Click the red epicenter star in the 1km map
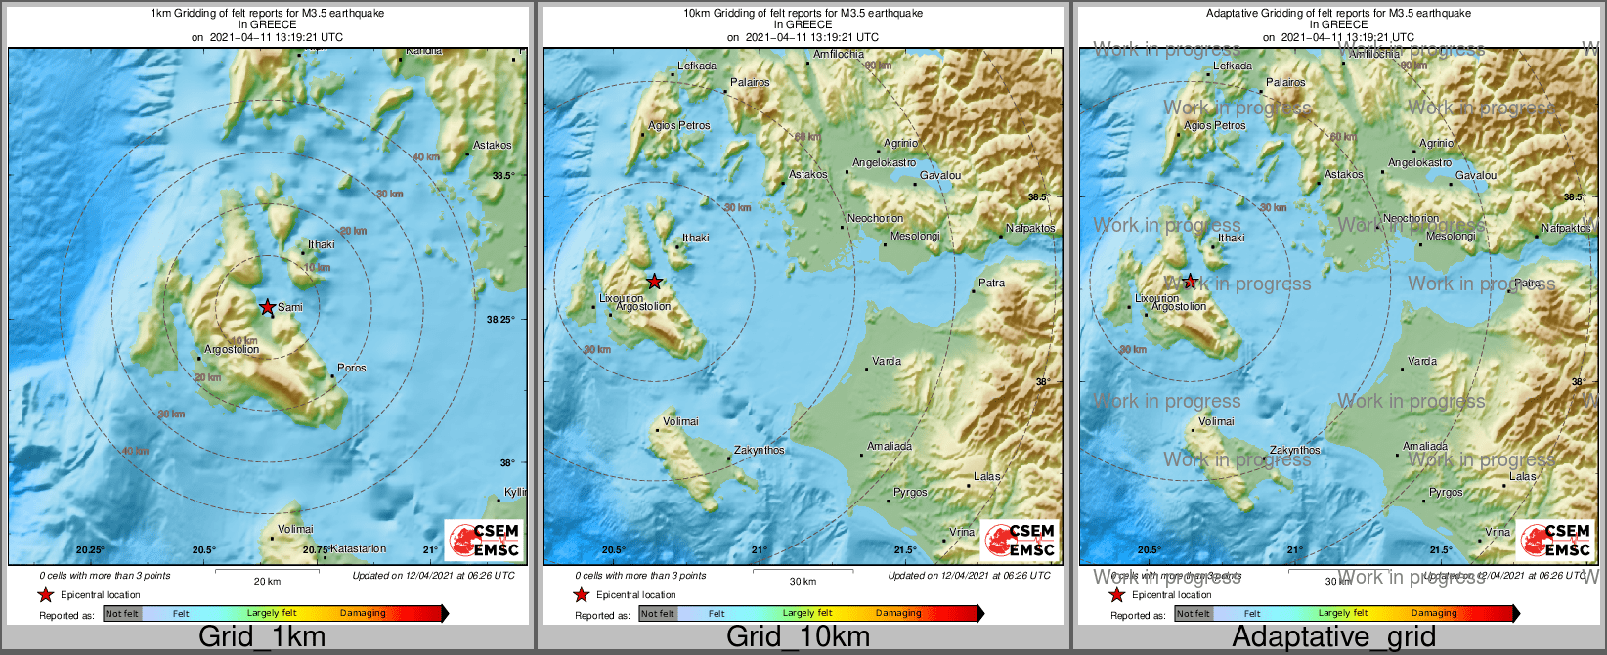(x=267, y=307)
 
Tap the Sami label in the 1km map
(x=290, y=307)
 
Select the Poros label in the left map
(x=351, y=369)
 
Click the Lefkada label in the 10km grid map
(x=697, y=66)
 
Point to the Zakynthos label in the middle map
(x=760, y=451)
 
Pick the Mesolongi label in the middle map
(x=915, y=237)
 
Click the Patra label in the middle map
(x=991, y=284)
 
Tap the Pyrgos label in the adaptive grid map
(x=1446, y=493)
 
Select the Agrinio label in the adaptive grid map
(x=1436, y=144)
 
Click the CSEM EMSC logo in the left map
(x=485, y=540)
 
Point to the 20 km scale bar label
(x=267, y=582)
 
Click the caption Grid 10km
(x=798, y=636)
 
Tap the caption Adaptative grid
(x=1333, y=636)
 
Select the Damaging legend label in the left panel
(x=363, y=614)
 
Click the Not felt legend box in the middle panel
(x=658, y=614)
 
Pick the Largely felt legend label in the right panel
(x=1343, y=614)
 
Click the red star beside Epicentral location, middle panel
(x=581, y=594)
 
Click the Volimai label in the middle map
(x=680, y=422)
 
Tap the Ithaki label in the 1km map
(x=321, y=245)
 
